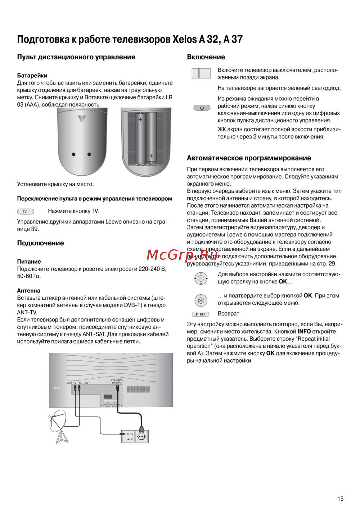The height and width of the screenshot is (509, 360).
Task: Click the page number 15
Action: click(340, 499)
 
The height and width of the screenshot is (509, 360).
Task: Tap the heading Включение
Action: click(206, 57)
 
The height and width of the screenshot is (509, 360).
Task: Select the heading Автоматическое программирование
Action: click(249, 158)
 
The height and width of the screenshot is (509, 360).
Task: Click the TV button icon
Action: click(26, 212)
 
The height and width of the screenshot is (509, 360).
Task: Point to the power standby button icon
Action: click(202, 108)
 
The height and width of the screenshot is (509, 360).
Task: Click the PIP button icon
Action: click(201, 314)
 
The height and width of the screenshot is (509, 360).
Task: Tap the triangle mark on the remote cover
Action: click(82, 119)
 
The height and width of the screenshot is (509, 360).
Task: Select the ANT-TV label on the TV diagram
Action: click(72, 383)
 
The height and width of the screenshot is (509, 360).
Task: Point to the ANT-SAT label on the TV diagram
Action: click(85, 383)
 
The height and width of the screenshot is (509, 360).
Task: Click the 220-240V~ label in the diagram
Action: click(117, 380)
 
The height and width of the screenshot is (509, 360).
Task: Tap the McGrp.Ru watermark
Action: click(182, 255)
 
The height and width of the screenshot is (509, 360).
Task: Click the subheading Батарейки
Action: click(32, 76)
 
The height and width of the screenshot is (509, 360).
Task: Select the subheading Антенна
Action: click(29, 291)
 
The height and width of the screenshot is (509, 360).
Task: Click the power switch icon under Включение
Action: click(201, 73)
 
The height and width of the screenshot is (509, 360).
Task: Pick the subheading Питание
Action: click(29, 262)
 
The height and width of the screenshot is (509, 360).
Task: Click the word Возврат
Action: click(229, 314)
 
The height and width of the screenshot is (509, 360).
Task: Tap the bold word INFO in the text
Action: click(304, 332)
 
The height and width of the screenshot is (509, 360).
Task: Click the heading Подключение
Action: click(41, 243)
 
